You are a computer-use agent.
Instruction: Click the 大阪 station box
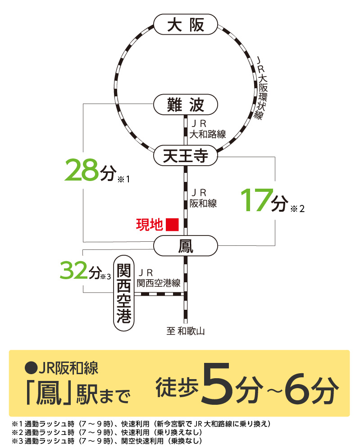click(185, 24)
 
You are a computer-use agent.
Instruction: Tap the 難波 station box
click(185, 105)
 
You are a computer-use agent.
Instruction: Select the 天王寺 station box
click(185, 156)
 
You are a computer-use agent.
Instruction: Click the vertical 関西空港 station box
click(124, 294)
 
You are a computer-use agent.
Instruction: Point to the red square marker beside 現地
click(172, 224)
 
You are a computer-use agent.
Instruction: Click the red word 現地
click(149, 224)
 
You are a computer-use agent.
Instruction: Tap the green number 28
click(81, 170)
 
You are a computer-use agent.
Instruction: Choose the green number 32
click(74, 270)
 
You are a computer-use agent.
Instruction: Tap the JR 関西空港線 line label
click(158, 278)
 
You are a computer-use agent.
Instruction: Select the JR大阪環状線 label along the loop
click(261, 88)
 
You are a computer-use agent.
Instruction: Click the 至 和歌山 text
click(186, 332)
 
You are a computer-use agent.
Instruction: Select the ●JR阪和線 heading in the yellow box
click(62, 368)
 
